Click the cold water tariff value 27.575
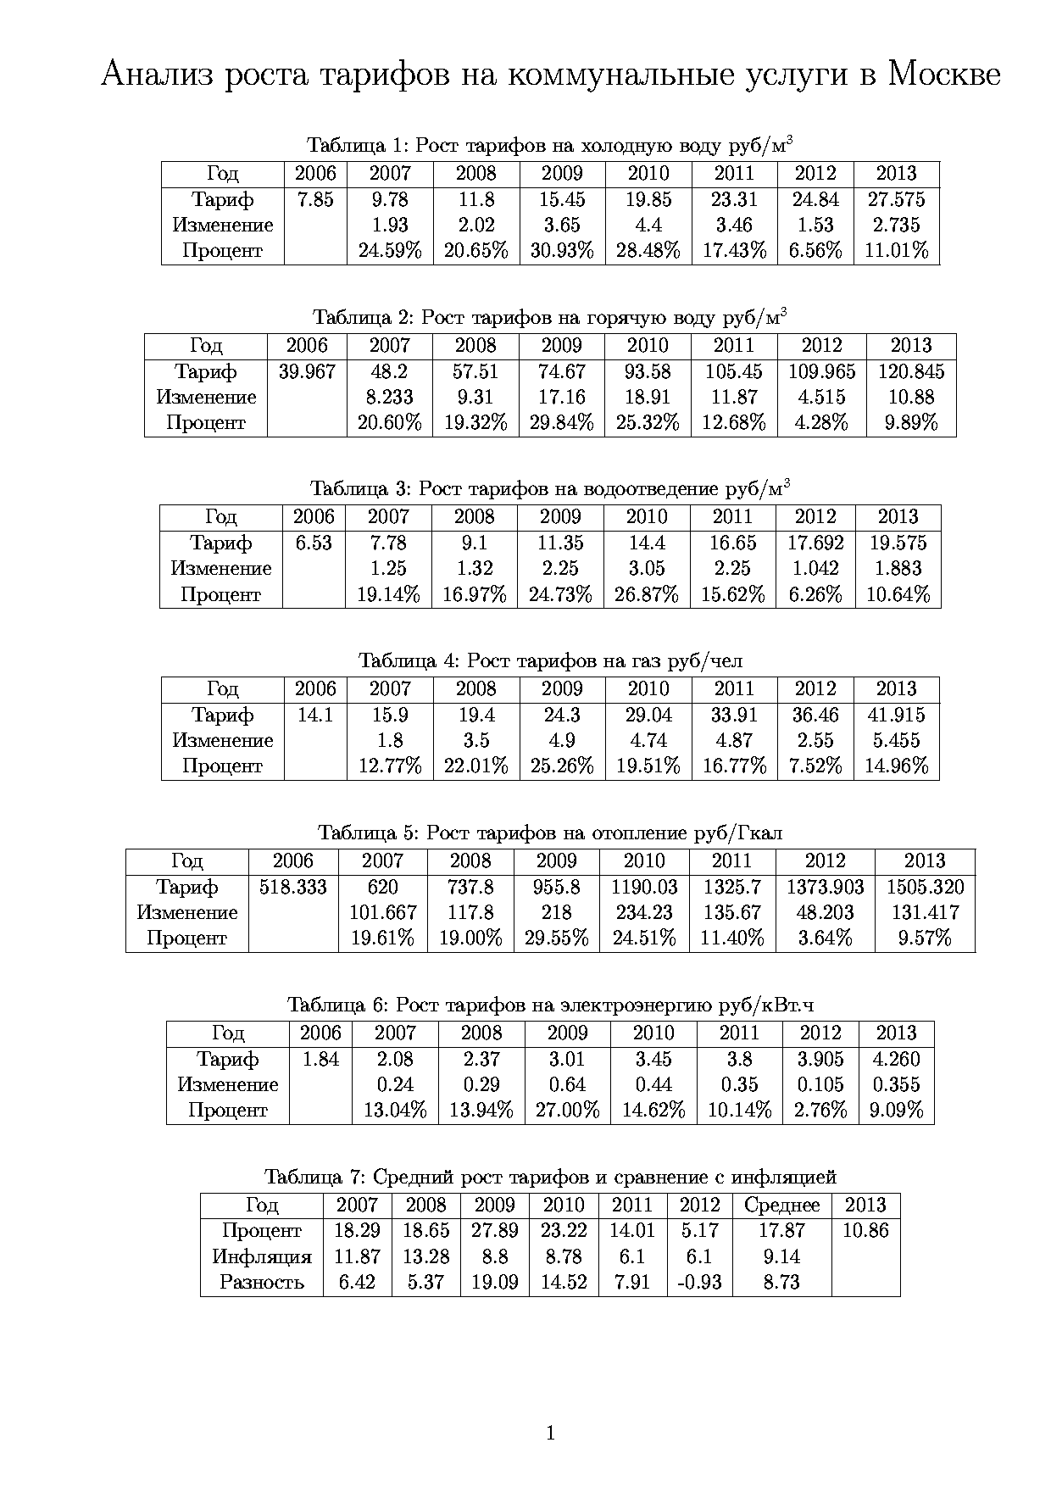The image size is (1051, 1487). [x=896, y=199]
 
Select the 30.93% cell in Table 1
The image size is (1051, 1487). [x=562, y=251]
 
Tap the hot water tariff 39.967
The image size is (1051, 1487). [x=307, y=371]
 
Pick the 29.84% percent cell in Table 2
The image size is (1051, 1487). [x=562, y=423]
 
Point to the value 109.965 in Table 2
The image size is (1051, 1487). [x=821, y=371]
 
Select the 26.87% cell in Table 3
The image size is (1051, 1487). [x=647, y=595]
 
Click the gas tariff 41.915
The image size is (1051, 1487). [x=896, y=715]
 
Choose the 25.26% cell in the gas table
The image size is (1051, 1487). [x=562, y=766]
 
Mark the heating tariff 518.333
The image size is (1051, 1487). [x=293, y=887]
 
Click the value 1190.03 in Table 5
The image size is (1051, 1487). [x=644, y=887]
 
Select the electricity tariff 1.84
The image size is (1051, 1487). [x=320, y=1059]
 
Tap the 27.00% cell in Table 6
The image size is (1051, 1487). [x=567, y=1111]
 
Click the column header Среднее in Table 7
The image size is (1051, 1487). [x=781, y=1205]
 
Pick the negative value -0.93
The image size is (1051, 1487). [x=699, y=1282]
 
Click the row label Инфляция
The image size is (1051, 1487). [x=262, y=1256]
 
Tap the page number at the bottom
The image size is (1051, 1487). [x=551, y=1434]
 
